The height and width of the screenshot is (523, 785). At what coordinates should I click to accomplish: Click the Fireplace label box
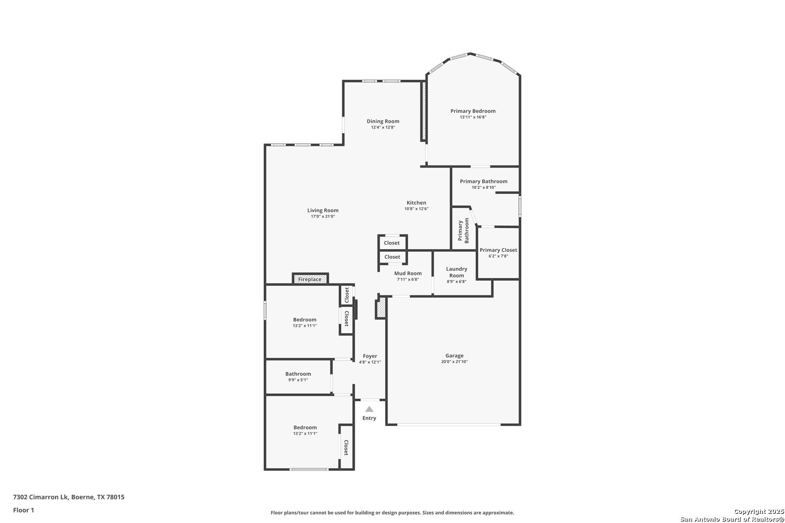(x=310, y=279)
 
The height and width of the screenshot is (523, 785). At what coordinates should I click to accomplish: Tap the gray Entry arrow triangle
(x=369, y=409)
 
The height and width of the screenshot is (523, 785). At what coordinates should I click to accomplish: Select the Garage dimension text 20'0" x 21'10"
(x=454, y=362)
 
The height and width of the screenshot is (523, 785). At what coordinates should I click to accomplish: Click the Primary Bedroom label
(x=473, y=111)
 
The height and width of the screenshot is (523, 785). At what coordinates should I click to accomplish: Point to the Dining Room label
(x=383, y=121)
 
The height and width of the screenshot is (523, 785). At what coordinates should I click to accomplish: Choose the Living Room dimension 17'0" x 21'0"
(x=323, y=216)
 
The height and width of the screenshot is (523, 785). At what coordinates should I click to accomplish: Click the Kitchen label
(x=416, y=202)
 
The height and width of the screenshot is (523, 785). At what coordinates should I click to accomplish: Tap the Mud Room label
(x=408, y=273)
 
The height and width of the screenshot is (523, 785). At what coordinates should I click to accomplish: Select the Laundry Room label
(x=456, y=272)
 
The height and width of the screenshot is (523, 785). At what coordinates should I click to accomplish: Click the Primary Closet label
(x=498, y=250)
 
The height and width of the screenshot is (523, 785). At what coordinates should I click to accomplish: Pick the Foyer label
(x=370, y=356)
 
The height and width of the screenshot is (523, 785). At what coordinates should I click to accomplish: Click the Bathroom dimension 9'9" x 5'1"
(x=298, y=380)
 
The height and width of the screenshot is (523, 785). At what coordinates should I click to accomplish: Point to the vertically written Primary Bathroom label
(x=463, y=231)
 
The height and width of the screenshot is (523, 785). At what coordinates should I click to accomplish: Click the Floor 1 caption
(x=23, y=510)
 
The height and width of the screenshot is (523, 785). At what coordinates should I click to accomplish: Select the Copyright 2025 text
(x=759, y=511)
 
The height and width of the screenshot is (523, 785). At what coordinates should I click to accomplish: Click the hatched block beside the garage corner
(x=381, y=308)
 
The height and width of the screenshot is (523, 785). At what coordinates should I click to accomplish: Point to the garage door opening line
(x=449, y=425)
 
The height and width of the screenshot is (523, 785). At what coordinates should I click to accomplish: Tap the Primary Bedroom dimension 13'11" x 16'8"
(x=473, y=117)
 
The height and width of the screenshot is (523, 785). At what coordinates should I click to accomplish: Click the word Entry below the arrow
(x=369, y=418)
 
